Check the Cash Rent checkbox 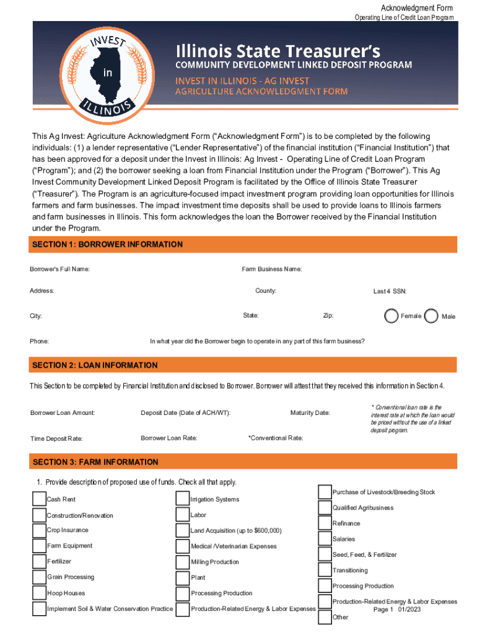pos(38,499)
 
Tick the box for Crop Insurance pos(38,530)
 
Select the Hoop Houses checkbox pos(38,593)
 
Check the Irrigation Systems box pos(182,499)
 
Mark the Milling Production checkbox pos(182,562)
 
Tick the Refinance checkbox pos(325,523)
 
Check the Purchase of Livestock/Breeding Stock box pos(325,492)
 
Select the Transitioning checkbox pos(325,570)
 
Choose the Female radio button pos(391,316)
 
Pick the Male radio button pos(432,316)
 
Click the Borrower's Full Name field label pos(59,269)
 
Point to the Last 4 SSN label pos(389,291)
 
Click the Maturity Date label pos(310,413)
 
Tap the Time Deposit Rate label pos(56,438)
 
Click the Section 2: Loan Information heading pos(95,365)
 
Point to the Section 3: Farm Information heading pos(95,462)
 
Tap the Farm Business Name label pos(271,269)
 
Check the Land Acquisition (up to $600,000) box pos(182,530)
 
